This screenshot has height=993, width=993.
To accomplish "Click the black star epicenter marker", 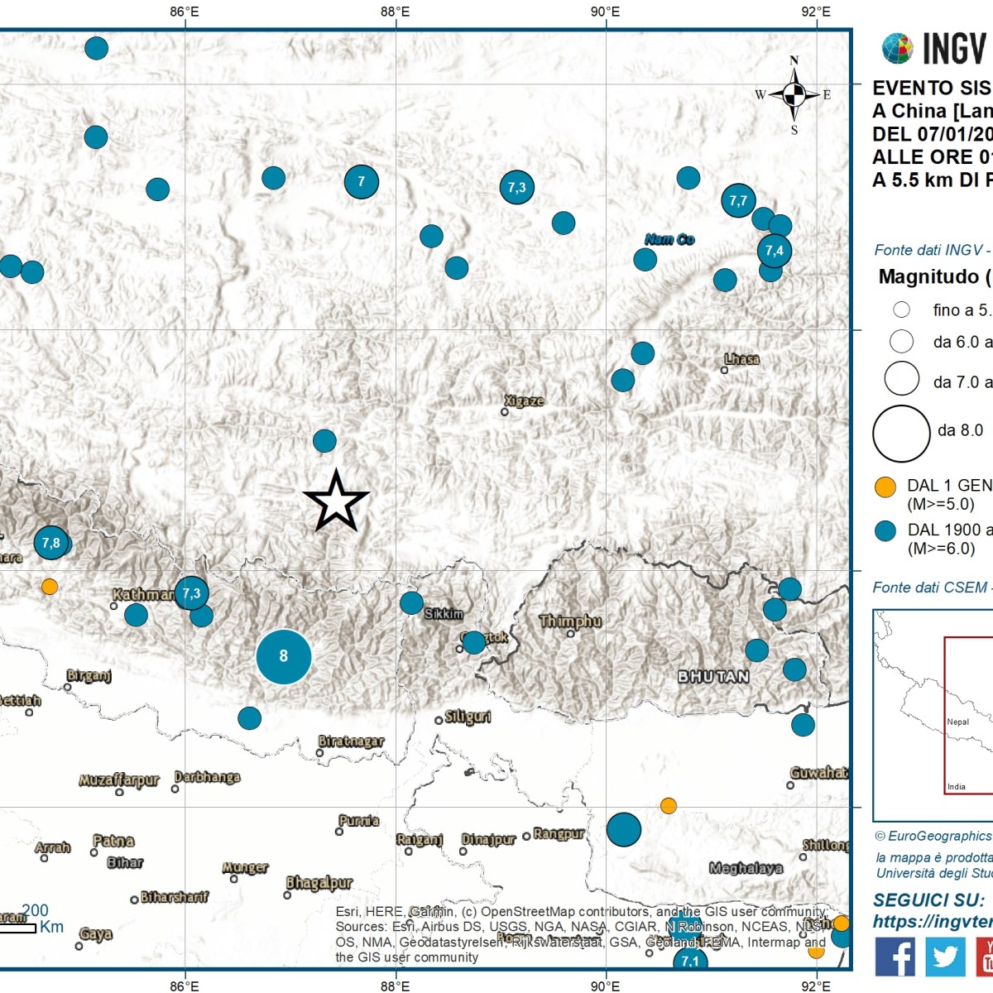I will click(336, 501).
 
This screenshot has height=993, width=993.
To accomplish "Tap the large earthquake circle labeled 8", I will click(284, 656).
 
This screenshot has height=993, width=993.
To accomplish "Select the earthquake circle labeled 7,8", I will click(51, 543).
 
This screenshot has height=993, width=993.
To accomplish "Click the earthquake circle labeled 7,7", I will click(738, 200).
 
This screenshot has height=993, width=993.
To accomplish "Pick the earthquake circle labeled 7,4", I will click(774, 251).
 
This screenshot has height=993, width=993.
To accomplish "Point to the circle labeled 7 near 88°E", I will click(361, 182).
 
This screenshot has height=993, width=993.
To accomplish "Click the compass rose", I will click(794, 95).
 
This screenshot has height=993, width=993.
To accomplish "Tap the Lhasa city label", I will click(741, 359).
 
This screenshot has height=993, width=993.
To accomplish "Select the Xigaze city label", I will click(525, 401).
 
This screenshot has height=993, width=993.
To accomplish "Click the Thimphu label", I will click(570, 621).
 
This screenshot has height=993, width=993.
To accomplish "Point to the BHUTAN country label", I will click(713, 676).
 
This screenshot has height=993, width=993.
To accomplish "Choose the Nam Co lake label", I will click(669, 239).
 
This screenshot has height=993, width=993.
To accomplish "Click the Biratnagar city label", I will click(352, 741).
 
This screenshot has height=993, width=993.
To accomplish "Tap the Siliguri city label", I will click(468, 717).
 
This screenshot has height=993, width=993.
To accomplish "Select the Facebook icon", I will click(895, 956).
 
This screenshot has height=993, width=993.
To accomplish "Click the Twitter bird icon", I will click(945, 956).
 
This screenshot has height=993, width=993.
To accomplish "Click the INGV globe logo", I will click(897, 49).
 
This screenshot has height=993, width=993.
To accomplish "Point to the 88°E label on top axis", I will click(395, 12).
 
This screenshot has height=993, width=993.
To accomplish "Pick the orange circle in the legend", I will click(885, 487).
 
